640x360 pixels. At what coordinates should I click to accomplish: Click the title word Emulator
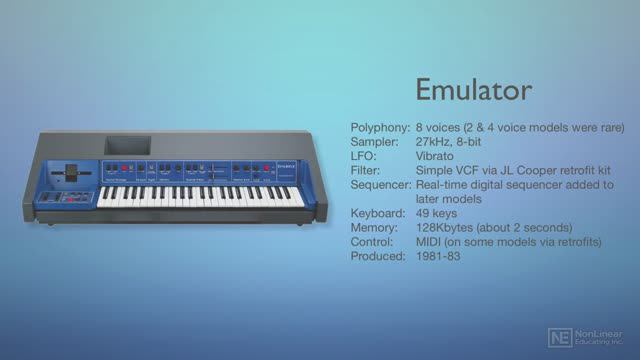pos(473,89)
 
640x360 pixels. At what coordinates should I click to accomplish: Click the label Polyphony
pos(379,127)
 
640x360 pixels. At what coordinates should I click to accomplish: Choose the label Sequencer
pos(382,185)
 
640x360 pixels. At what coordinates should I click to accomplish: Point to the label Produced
pos(378,257)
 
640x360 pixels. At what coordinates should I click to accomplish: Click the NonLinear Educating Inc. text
pos(602,338)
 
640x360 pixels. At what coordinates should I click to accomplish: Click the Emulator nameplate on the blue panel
pos(287,170)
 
